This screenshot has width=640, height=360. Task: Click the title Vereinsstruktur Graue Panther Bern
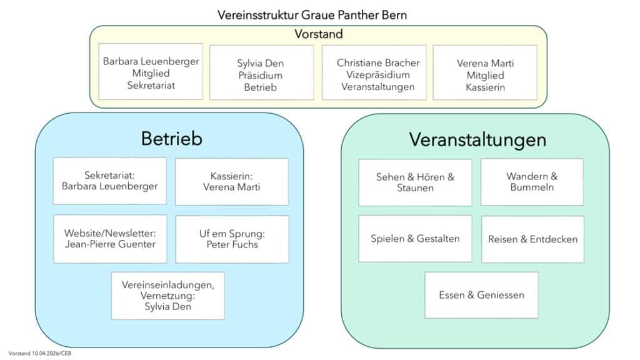click(312, 14)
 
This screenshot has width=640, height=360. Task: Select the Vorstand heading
click(318, 34)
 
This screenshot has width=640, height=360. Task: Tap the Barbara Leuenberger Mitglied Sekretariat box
click(151, 72)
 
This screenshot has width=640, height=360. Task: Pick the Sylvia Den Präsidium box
click(261, 73)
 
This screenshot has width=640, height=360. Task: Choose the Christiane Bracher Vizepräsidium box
click(374, 73)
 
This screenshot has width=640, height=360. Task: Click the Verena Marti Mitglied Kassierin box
click(484, 73)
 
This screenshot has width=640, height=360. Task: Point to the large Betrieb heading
click(171, 138)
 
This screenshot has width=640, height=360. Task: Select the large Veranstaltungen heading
click(477, 139)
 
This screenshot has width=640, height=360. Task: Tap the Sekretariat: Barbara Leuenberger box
click(109, 181)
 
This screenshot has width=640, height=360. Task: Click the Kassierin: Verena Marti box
click(231, 181)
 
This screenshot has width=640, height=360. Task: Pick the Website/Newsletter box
click(110, 239)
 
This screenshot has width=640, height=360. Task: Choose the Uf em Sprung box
click(232, 239)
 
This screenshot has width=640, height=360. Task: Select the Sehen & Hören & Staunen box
click(415, 182)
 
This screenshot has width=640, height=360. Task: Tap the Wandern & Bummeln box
click(531, 181)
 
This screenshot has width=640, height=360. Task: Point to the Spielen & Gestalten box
click(415, 239)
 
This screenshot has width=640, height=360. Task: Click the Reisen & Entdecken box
click(532, 239)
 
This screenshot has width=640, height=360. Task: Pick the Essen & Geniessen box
click(481, 295)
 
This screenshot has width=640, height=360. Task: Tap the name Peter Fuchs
click(232, 244)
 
